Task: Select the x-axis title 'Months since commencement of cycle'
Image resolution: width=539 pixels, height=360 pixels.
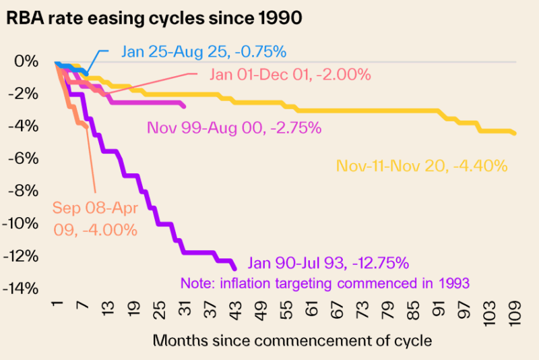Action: (292, 340)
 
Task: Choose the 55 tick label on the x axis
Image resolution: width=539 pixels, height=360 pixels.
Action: (289, 312)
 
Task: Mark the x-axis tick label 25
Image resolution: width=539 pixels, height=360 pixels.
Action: (159, 312)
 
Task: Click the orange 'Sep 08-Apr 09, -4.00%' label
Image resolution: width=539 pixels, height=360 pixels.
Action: (96, 218)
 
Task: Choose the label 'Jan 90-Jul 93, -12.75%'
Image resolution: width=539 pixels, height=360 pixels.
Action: (328, 263)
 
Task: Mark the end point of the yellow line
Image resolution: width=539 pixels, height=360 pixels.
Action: (515, 133)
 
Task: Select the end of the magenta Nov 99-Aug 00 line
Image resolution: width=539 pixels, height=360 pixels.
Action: (184, 106)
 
